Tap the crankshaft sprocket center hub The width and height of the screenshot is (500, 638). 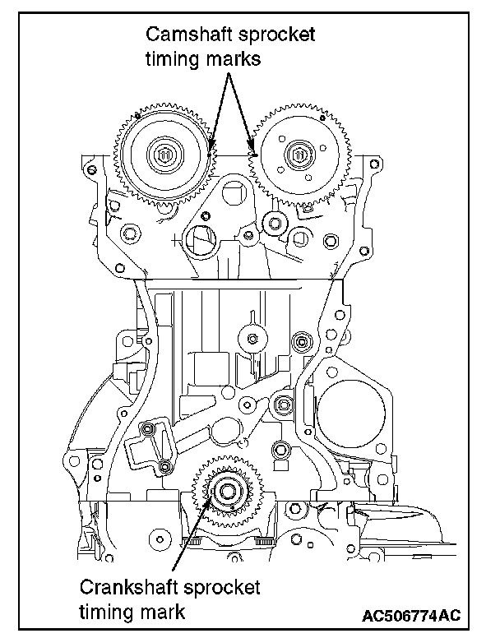click(224, 493)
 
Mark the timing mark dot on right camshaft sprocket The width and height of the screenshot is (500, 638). click(255, 154)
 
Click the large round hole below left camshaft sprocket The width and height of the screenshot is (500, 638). click(201, 239)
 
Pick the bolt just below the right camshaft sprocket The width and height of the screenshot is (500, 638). click(274, 221)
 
